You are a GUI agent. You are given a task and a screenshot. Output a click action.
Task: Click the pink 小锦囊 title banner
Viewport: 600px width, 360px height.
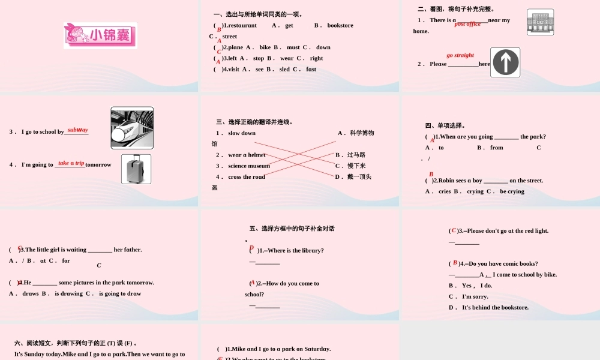100,36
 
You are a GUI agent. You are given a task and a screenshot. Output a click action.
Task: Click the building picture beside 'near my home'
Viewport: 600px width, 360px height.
540,22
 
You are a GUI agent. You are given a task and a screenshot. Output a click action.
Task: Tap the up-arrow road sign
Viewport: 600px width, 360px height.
505,62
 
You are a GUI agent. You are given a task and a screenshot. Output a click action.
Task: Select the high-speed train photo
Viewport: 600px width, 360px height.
132,128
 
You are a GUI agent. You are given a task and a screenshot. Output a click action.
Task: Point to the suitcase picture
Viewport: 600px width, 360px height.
136,169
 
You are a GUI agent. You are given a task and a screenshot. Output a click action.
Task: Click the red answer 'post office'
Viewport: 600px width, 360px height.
467,24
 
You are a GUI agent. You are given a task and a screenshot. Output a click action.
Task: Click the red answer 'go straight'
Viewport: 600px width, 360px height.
460,55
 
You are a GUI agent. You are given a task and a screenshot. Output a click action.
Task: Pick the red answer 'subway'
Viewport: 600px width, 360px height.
77,130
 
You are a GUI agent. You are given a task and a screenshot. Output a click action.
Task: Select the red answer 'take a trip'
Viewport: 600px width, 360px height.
71,163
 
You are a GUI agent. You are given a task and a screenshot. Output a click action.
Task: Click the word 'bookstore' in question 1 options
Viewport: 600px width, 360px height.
340,25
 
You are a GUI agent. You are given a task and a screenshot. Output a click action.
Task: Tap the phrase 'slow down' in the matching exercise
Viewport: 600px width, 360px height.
242,133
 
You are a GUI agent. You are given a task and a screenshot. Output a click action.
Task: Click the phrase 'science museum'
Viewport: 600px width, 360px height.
249,166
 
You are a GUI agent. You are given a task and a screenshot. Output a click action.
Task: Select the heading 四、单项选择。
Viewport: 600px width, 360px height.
445,125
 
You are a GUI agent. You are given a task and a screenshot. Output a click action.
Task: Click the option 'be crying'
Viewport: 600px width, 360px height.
512,191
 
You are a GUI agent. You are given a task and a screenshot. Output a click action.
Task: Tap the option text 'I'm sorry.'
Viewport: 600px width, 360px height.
475,296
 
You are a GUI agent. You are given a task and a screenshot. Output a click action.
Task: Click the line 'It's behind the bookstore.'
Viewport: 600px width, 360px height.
495,307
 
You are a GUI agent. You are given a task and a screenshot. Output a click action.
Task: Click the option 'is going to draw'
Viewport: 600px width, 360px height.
120,293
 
